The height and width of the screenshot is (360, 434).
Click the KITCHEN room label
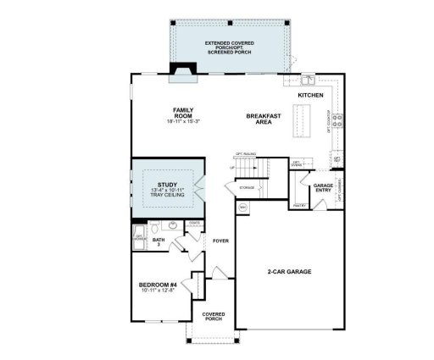(310, 96)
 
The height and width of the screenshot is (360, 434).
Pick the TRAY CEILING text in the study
(168, 195)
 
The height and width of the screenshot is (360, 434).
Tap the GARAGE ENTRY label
(323, 187)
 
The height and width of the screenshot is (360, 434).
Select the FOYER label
(221, 241)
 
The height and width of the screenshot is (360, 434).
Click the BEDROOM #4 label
(158, 285)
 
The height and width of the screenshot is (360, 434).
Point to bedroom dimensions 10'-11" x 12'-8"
(158, 291)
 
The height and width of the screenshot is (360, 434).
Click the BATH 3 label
(158, 242)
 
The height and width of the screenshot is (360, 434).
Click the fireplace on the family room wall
(183, 77)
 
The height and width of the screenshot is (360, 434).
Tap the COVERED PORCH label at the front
(214, 317)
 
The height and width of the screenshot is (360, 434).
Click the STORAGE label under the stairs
(248, 186)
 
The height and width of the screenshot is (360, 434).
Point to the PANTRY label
(298, 205)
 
